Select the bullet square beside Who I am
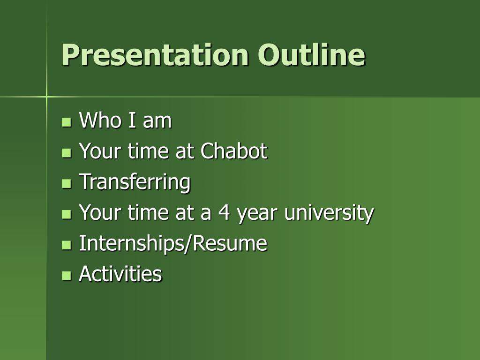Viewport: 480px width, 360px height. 66,122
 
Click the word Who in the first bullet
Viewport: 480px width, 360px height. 101,120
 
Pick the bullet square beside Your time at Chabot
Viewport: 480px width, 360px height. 66,153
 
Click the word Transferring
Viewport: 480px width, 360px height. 135,182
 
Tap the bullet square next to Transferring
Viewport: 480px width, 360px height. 66,183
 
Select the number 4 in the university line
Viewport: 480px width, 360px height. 224,212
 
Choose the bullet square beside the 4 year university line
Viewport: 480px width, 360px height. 66,214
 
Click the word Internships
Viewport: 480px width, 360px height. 131,244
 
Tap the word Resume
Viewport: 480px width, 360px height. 230,243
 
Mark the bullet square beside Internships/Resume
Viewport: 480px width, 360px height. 66,245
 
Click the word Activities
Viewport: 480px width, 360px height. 120,273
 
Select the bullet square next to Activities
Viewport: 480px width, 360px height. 66,275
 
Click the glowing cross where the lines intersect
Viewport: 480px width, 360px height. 46,97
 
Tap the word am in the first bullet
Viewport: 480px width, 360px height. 157,122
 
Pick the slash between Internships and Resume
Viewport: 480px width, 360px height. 188,244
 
